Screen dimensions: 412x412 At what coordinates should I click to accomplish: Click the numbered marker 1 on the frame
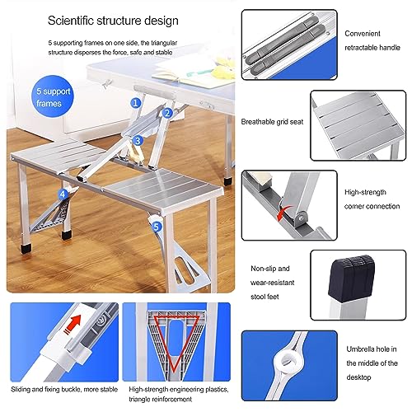tap(135, 103)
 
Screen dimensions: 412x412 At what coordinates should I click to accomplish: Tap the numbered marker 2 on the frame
tap(167, 113)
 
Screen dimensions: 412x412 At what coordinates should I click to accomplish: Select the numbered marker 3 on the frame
tap(138, 141)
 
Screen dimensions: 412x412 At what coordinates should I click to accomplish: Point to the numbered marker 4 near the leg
tap(63, 194)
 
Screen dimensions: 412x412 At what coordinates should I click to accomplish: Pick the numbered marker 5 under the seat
tap(157, 227)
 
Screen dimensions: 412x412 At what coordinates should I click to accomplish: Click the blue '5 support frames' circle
tap(53, 96)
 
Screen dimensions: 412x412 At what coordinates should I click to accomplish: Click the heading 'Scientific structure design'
tap(113, 21)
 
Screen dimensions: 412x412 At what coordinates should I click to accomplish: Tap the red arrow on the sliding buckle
tap(74, 323)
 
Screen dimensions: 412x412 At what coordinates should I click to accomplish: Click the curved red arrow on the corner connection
tap(282, 213)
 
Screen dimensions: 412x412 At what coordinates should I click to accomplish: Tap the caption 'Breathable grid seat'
tap(272, 122)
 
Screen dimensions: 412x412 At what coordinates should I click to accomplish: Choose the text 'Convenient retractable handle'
tap(372, 40)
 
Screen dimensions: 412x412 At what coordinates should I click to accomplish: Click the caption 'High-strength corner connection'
tap(372, 199)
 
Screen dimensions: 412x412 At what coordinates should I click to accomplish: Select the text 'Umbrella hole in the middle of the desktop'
tap(372, 363)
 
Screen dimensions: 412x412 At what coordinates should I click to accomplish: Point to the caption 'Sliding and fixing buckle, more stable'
tap(64, 389)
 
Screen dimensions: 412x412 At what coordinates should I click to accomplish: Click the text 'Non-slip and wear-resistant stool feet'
tap(272, 283)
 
